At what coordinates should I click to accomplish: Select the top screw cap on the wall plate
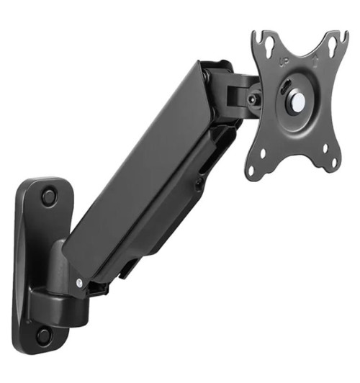tap(48, 196)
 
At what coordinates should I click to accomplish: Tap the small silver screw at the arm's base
tap(78, 282)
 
